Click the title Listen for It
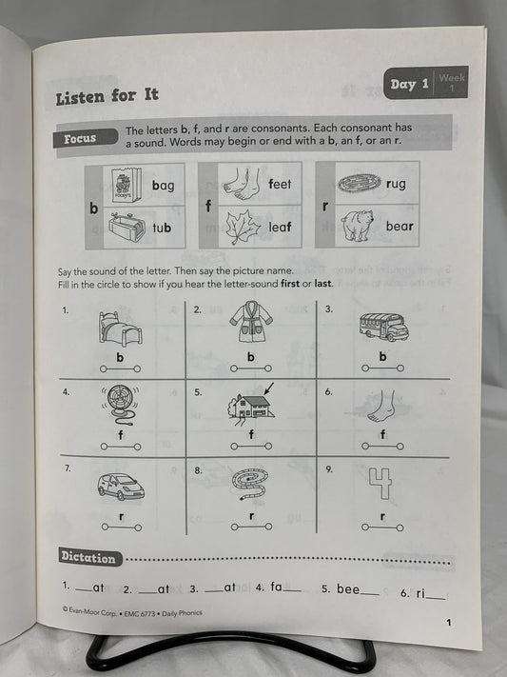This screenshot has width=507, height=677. click(x=107, y=96)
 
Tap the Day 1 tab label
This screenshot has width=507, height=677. click(x=410, y=85)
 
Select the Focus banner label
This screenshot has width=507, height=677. click(x=80, y=139)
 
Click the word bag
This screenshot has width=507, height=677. click(x=163, y=186)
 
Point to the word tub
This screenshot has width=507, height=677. click(x=162, y=228)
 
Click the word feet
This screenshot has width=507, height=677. click(x=280, y=184)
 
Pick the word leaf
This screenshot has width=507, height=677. click(x=280, y=227)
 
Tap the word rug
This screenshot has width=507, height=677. click(x=396, y=184)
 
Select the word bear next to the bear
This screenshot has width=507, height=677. click(x=400, y=227)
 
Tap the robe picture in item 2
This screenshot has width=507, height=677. click(x=250, y=327)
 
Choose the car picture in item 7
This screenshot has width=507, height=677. click(x=120, y=487)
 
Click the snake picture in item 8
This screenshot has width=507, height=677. click(x=251, y=485)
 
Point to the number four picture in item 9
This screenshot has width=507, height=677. click(x=380, y=484)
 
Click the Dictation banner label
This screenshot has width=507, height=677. click(x=88, y=558)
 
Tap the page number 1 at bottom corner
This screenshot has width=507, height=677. click(x=447, y=623)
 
